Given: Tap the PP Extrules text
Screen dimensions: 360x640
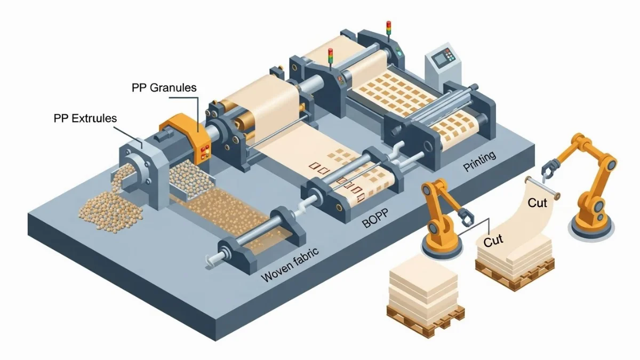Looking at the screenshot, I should click(x=85, y=118).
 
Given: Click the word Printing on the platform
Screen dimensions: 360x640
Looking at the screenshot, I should click(x=479, y=162).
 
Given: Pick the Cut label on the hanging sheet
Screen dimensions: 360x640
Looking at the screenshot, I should click(x=538, y=203).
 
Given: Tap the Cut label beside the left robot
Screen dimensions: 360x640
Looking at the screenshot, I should click(x=493, y=242).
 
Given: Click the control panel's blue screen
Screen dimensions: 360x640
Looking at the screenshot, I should click(x=441, y=59).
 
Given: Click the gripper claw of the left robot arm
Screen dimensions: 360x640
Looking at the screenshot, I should click(x=465, y=217).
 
